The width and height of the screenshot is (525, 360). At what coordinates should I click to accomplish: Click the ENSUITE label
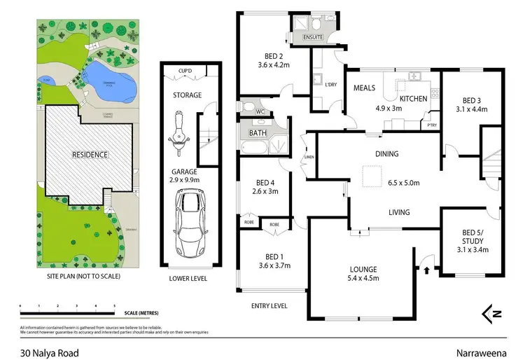tap(312, 37)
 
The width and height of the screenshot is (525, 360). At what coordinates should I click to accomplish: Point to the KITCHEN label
tap(413, 99)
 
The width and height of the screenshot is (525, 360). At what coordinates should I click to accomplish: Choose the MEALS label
tap(365, 88)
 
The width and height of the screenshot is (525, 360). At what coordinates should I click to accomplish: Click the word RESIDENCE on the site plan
tap(90, 154)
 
